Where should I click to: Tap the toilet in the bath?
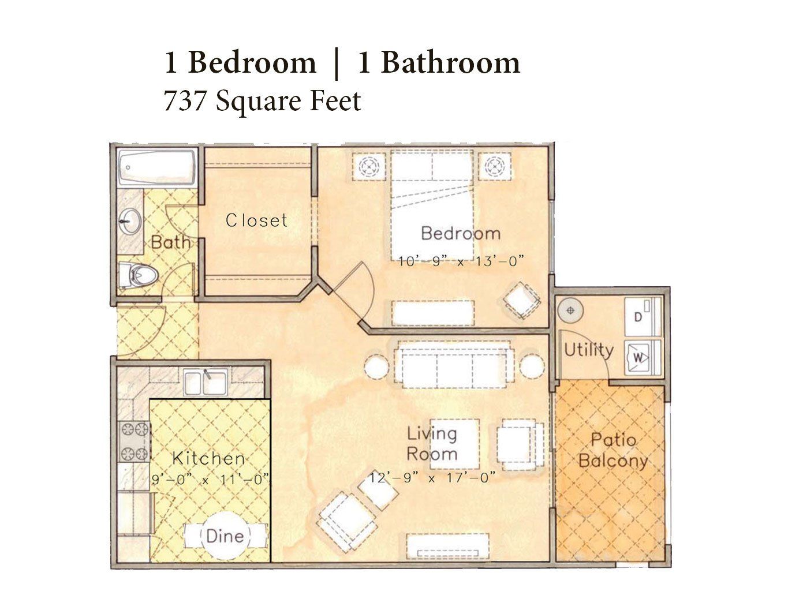pyautogui.click(x=139, y=275)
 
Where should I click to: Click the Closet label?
pyautogui.click(x=256, y=220)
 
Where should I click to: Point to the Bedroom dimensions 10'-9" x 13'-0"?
pyautogui.click(x=461, y=261)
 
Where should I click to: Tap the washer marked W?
pyautogui.click(x=643, y=357)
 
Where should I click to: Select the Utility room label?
pyautogui.click(x=589, y=350)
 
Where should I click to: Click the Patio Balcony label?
pyautogui.click(x=613, y=450)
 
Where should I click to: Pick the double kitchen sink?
pyautogui.click(x=206, y=382)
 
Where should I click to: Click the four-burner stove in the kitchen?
pyautogui.click(x=135, y=441)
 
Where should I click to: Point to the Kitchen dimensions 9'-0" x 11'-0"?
pyautogui.click(x=210, y=480)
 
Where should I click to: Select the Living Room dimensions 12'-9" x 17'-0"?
pyautogui.click(x=432, y=478)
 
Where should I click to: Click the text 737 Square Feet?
pyautogui.click(x=263, y=101)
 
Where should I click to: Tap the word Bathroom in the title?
pyautogui.click(x=450, y=63)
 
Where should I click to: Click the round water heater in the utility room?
pyautogui.click(x=570, y=310)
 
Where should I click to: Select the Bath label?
pyautogui.click(x=170, y=242)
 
